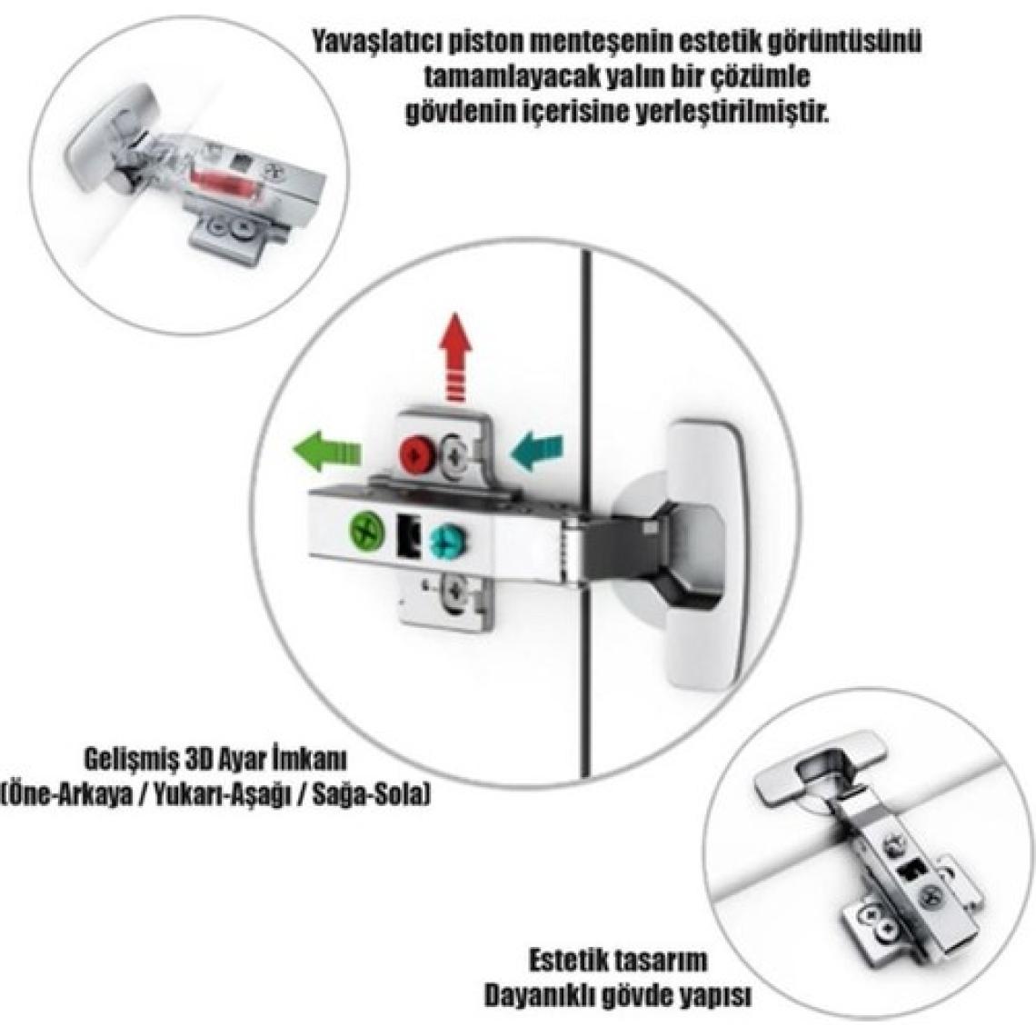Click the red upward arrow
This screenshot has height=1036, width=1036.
pyautogui.click(x=456, y=358)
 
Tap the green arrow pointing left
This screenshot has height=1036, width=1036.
pyautogui.click(x=327, y=452)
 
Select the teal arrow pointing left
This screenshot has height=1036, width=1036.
pyautogui.click(x=538, y=452)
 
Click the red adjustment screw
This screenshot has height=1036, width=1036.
pyautogui.click(x=417, y=453)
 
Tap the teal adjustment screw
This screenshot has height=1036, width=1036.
pyautogui.click(x=445, y=542)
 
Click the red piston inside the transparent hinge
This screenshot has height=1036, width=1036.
pyautogui.click(x=222, y=183)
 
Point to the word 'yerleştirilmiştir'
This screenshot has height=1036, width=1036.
pyautogui.click(x=731, y=113)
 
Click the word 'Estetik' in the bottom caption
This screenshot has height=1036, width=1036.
pyautogui.click(x=571, y=961)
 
